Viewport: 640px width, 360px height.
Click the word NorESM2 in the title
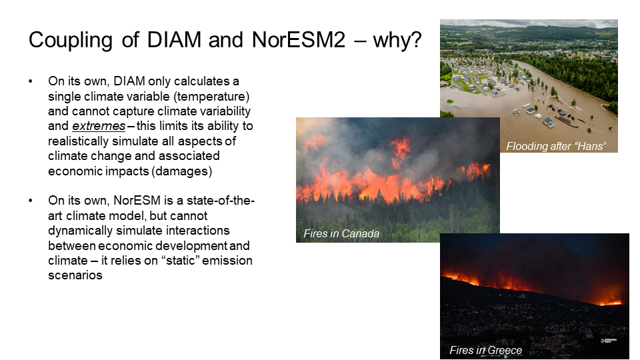click(x=299, y=40)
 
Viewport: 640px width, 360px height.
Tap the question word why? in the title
click(x=397, y=40)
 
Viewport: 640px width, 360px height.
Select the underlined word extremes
click(x=99, y=126)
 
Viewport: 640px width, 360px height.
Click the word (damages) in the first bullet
click(x=181, y=171)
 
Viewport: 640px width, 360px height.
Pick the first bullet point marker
click(x=31, y=81)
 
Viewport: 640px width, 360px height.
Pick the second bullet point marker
click(x=31, y=201)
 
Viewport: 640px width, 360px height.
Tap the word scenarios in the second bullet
click(x=75, y=275)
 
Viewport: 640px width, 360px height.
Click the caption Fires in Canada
click(x=341, y=233)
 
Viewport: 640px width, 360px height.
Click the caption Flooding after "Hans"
click(x=556, y=146)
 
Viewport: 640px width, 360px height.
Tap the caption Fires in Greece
click(x=486, y=350)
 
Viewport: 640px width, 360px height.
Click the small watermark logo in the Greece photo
click(x=609, y=341)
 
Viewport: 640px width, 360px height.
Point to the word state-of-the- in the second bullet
click(x=221, y=201)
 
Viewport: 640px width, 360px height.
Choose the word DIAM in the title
click(x=174, y=40)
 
